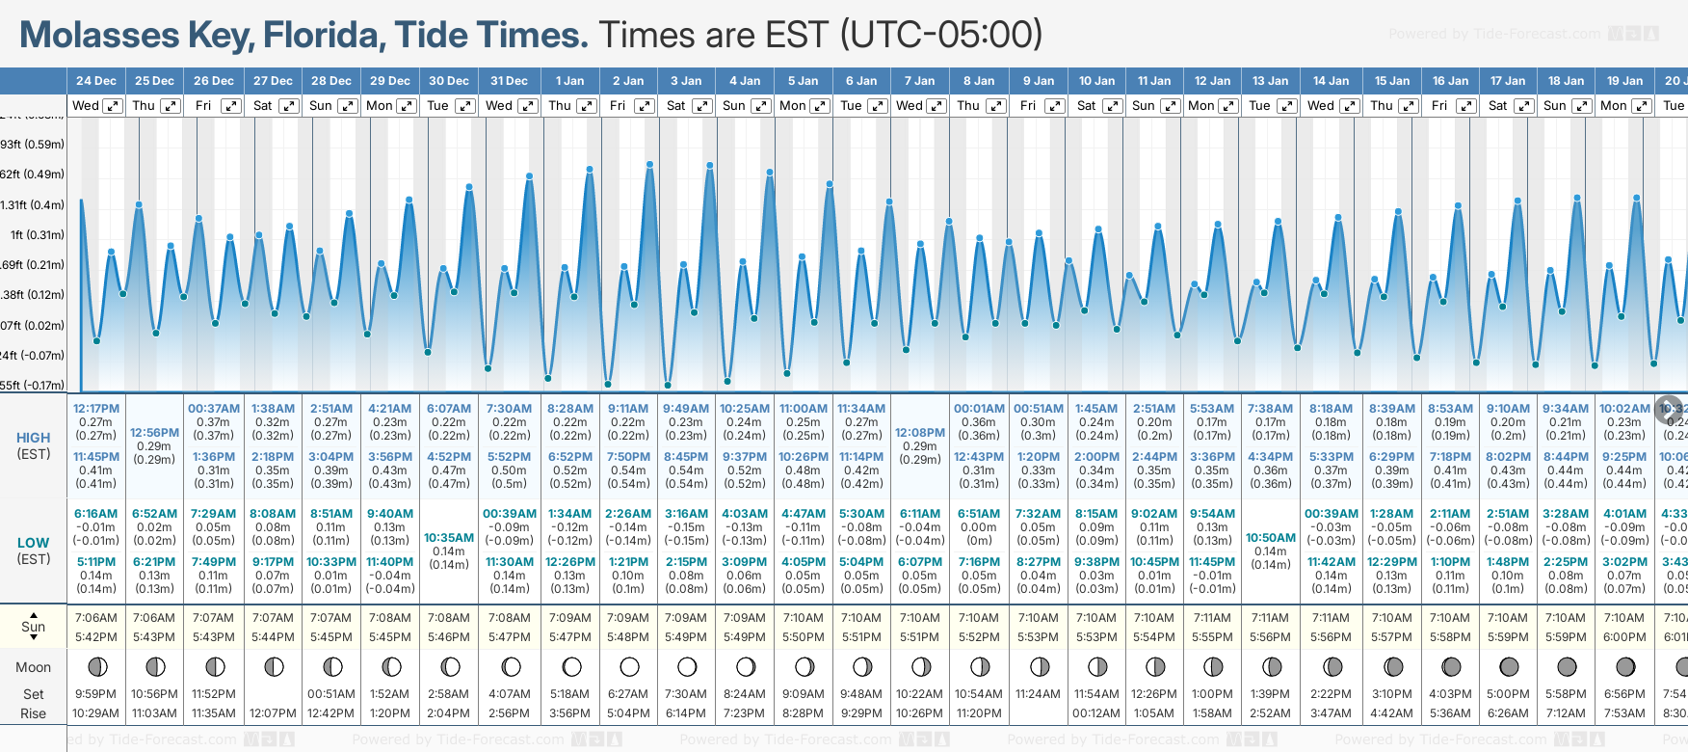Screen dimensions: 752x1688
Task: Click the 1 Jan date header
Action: tap(569, 81)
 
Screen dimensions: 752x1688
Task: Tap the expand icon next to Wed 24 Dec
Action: tap(113, 106)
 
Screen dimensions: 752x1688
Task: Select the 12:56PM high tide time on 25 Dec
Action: tap(154, 433)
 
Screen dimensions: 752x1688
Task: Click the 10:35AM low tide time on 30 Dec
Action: tap(449, 538)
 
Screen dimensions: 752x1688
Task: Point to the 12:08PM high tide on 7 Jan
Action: tap(920, 433)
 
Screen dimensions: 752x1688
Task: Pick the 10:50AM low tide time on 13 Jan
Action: tap(1271, 538)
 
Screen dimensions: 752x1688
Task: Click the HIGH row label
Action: tap(33, 438)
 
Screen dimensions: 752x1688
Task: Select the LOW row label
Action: tap(33, 543)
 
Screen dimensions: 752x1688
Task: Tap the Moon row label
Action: tap(33, 667)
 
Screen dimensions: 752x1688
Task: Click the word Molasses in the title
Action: tap(99, 36)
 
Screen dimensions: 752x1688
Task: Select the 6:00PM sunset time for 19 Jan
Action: tap(1624, 637)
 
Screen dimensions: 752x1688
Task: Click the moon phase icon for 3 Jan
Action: tap(687, 667)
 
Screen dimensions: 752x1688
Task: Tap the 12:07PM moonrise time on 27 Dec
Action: tap(273, 713)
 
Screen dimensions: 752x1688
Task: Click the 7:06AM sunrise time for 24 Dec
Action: tap(96, 618)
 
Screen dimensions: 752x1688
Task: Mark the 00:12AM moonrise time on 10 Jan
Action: tap(1096, 713)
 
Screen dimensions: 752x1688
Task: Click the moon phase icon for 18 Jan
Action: tap(1567, 667)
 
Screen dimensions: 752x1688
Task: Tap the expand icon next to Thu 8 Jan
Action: tap(996, 106)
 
